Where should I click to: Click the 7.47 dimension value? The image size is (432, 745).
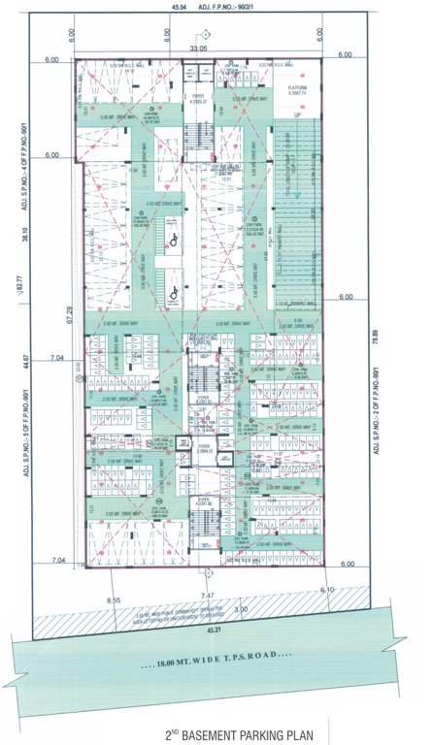[x=207, y=593]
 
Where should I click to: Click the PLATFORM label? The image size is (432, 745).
[x=295, y=87]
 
